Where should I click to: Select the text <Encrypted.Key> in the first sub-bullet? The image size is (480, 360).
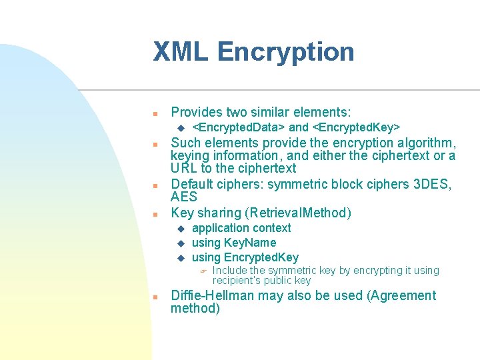coord(356,127)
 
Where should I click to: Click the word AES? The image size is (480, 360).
coord(184,197)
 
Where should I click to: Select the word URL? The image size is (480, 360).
coord(184,168)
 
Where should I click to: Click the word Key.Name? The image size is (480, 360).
coord(249,243)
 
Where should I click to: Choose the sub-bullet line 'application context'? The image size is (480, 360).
coord(241,228)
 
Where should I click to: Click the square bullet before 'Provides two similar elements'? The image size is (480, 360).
coord(154,113)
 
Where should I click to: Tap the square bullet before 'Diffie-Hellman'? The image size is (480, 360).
coord(154,297)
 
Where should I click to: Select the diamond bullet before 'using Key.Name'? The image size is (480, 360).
coord(179,243)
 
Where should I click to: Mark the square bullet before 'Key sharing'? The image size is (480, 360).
coord(154,215)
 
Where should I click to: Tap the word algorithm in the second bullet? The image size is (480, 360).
coord(425,143)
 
